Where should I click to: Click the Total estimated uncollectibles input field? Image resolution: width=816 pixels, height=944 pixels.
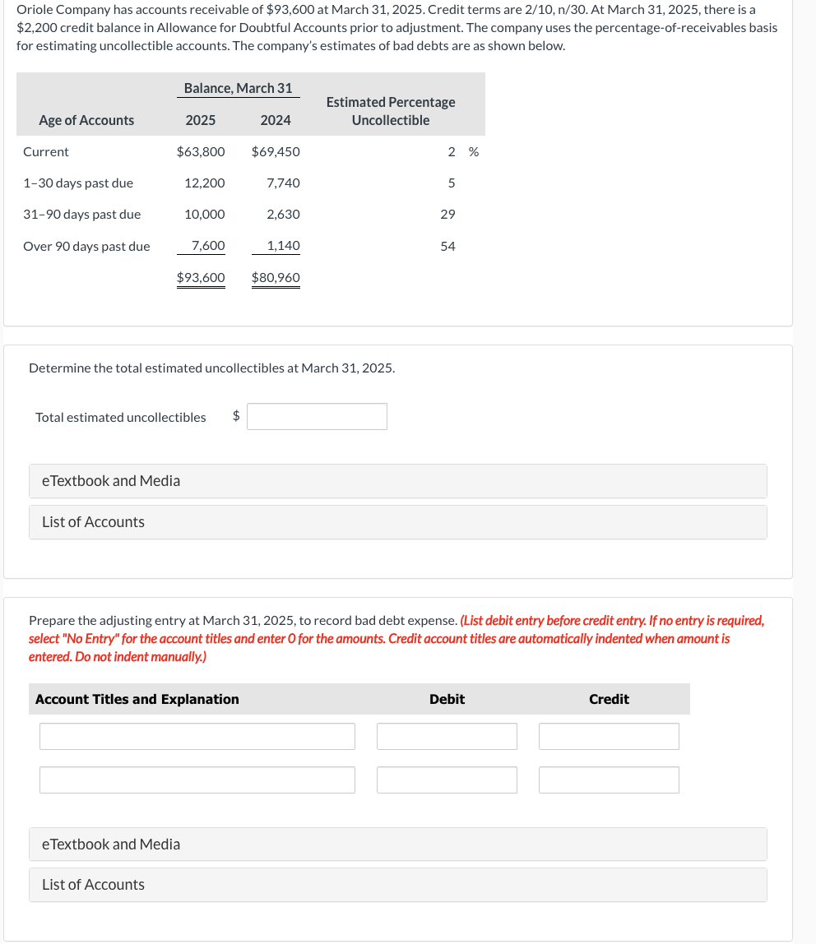pos(317,417)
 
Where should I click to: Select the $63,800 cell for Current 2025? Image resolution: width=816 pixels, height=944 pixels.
pos(201,151)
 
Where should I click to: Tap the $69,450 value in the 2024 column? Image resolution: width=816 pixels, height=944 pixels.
pos(276,151)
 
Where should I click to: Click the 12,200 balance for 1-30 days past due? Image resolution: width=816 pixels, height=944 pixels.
pos(205,183)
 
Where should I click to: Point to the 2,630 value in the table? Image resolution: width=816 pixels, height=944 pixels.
pos(284,214)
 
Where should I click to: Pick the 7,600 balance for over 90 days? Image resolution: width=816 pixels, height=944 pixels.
pos(208,245)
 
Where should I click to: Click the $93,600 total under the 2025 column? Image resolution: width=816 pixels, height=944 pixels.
pos(201,277)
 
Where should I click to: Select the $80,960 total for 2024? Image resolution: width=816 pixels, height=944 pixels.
pos(276,277)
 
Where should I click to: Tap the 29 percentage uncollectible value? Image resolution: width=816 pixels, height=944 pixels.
pos(447,214)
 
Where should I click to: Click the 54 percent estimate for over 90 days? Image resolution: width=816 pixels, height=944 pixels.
pos(447,245)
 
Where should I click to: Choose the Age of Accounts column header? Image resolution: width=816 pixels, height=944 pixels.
pos(86,120)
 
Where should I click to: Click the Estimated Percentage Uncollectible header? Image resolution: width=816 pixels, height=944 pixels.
pos(391,111)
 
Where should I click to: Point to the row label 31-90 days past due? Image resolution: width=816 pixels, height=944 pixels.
pos(81,214)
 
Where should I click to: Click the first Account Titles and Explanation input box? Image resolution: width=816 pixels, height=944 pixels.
pos(197,736)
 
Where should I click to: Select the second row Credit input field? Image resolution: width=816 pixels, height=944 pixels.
pos(609,780)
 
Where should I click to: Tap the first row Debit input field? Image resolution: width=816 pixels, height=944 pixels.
pos(447,736)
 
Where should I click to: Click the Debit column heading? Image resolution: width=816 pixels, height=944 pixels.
pos(447,699)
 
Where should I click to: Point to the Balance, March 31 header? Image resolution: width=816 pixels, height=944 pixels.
pos(238,88)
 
